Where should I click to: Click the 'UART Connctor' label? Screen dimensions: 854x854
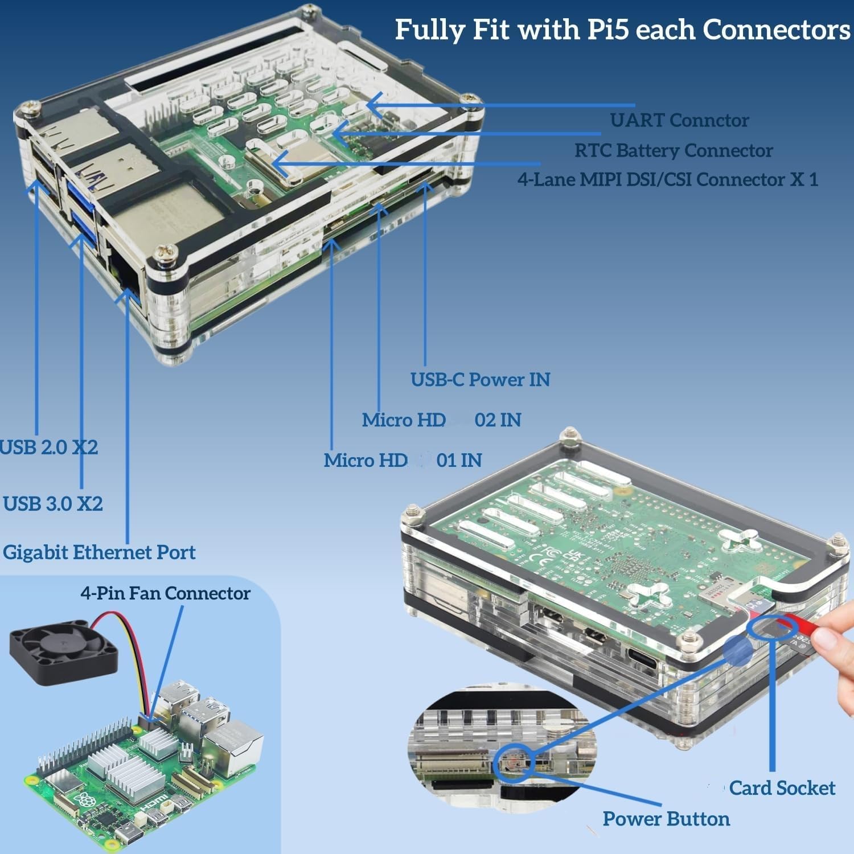(x=679, y=120)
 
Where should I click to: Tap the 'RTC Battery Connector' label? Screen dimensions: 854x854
(x=673, y=150)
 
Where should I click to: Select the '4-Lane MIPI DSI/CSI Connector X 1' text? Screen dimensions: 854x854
(x=667, y=179)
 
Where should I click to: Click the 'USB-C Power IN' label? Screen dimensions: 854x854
(x=480, y=380)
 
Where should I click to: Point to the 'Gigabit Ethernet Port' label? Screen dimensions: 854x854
(x=99, y=552)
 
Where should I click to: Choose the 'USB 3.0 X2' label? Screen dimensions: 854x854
(x=52, y=504)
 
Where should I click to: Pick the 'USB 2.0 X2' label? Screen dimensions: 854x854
(x=49, y=447)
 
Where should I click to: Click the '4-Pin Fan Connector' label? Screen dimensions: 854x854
(x=165, y=593)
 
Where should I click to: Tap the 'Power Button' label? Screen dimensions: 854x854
(x=666, y=819)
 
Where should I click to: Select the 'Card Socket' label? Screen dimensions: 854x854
(x=782, y=788)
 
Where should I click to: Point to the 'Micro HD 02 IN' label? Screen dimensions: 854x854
(x=441, y=420)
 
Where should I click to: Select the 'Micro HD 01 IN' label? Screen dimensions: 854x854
(x=403, y=460)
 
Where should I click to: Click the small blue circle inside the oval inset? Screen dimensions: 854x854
(x=514, y=761)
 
